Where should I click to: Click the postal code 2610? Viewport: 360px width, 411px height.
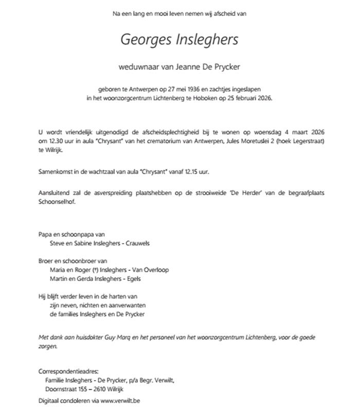coord(95,389)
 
